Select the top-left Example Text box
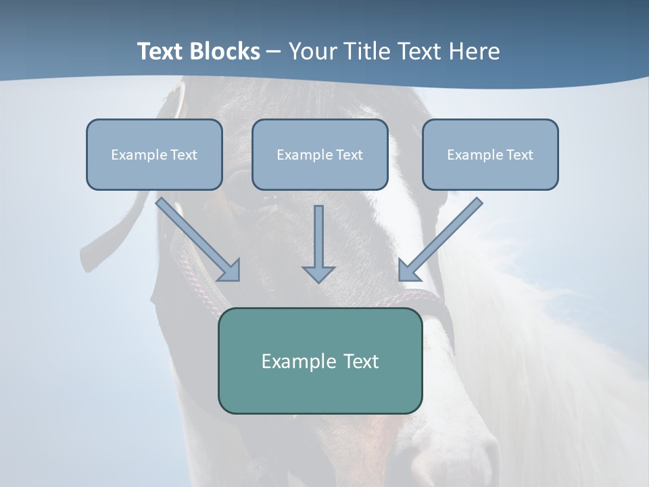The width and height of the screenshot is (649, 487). (x=154, y=154)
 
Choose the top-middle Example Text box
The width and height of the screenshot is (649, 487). (x=320, y=154)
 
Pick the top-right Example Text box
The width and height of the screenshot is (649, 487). (x=490, y=154)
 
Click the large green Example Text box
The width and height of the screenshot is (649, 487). (x=320, y=361)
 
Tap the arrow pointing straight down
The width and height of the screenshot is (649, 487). (x=318, y=243)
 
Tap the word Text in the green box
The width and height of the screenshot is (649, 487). (x=360, y=361)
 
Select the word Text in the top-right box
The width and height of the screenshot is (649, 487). (x=519, y=155)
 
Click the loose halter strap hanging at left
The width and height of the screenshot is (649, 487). (x=108, y=237)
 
